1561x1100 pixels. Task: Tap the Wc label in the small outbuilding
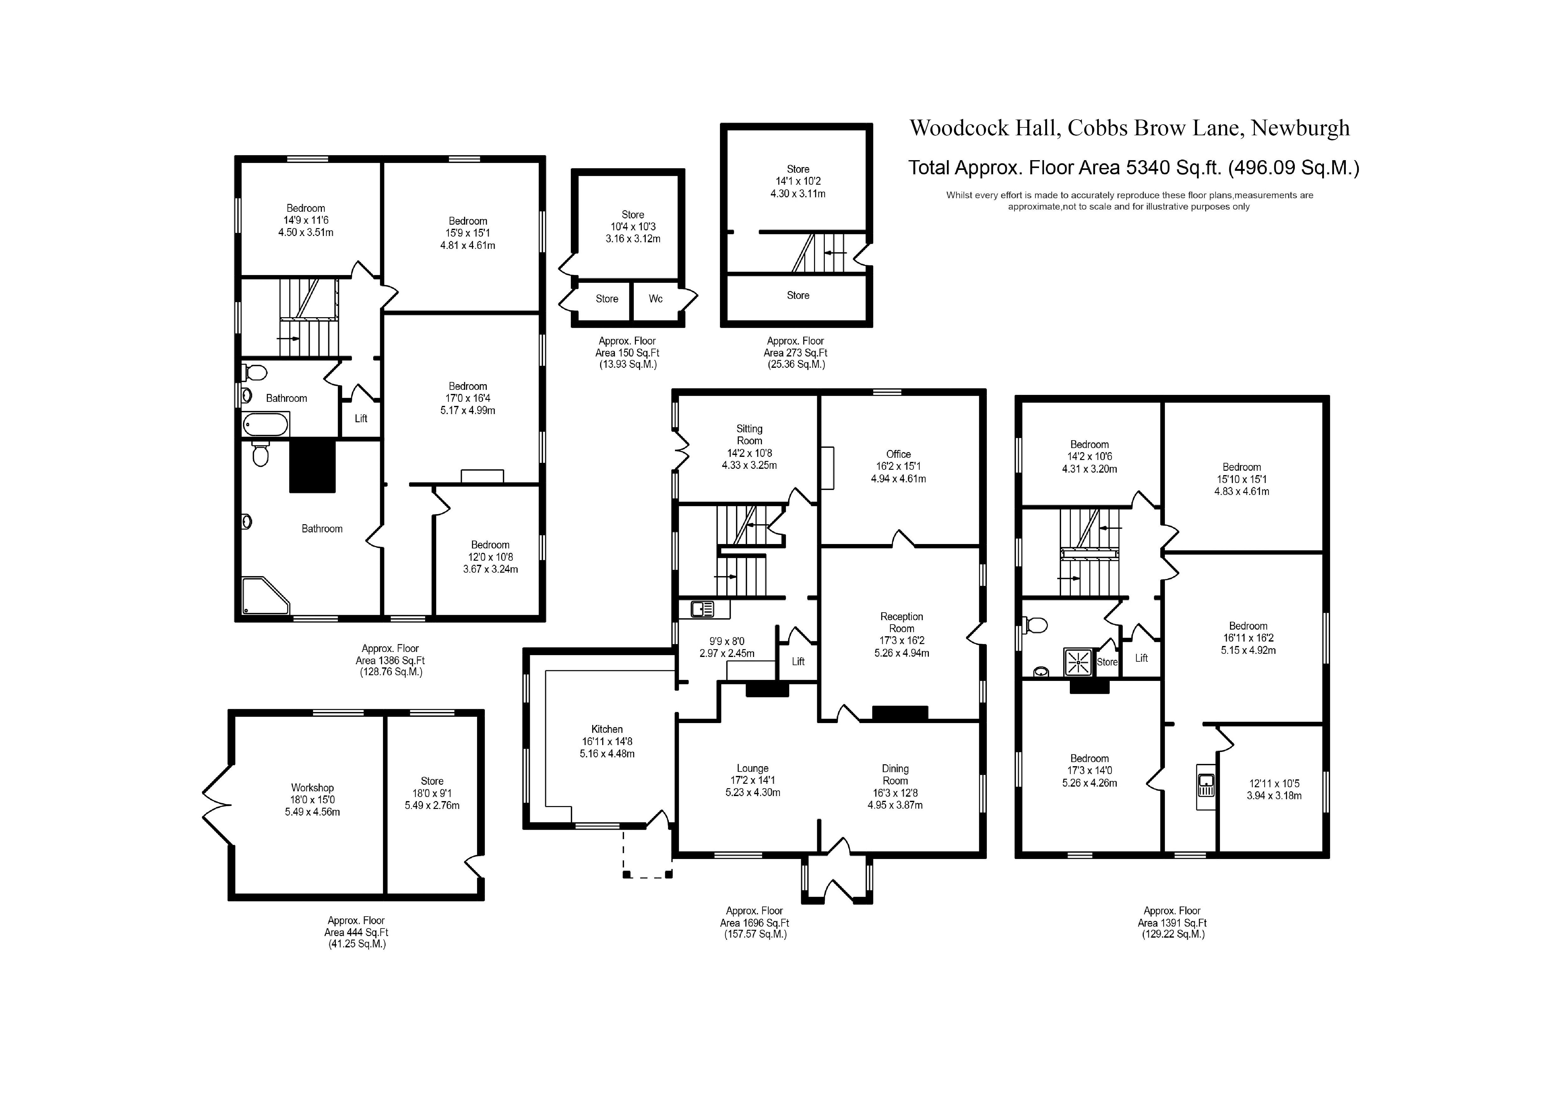click(x=655, y=299)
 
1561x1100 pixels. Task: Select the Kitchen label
click(x=607, y=729)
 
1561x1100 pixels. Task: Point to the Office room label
click(x=898, y=454)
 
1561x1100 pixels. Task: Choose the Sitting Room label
click(x=749, y=435)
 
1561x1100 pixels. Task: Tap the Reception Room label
click(x=901, y=622)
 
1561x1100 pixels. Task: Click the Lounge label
click(x=753, y=768)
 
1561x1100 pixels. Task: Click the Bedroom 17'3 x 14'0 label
click(x=1089, y=770)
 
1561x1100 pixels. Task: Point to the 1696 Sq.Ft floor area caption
click(x=755, y=923)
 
